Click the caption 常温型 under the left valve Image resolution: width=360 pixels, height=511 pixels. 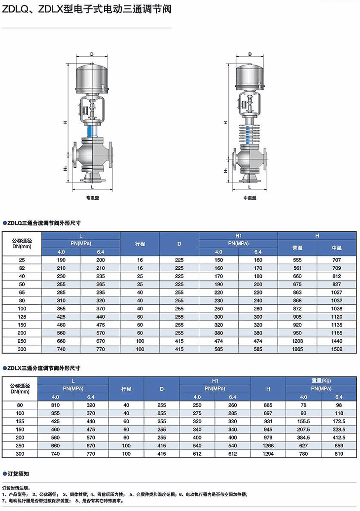click(92, 197)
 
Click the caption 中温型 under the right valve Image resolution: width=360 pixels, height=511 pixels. click(250, 197)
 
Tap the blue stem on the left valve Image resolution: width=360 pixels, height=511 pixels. click(91, 131)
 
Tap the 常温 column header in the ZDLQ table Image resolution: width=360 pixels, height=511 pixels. click(297, 248)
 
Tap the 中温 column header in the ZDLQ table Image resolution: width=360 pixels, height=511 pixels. click(337, 248)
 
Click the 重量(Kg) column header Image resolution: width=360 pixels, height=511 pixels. click(319, 381)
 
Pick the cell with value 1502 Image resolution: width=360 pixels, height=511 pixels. click(337, 349)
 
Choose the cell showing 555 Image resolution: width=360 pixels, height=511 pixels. click(297, 259)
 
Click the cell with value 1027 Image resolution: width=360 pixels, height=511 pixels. click(337, 292)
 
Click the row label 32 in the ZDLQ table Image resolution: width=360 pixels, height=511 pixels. click(21, 268)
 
